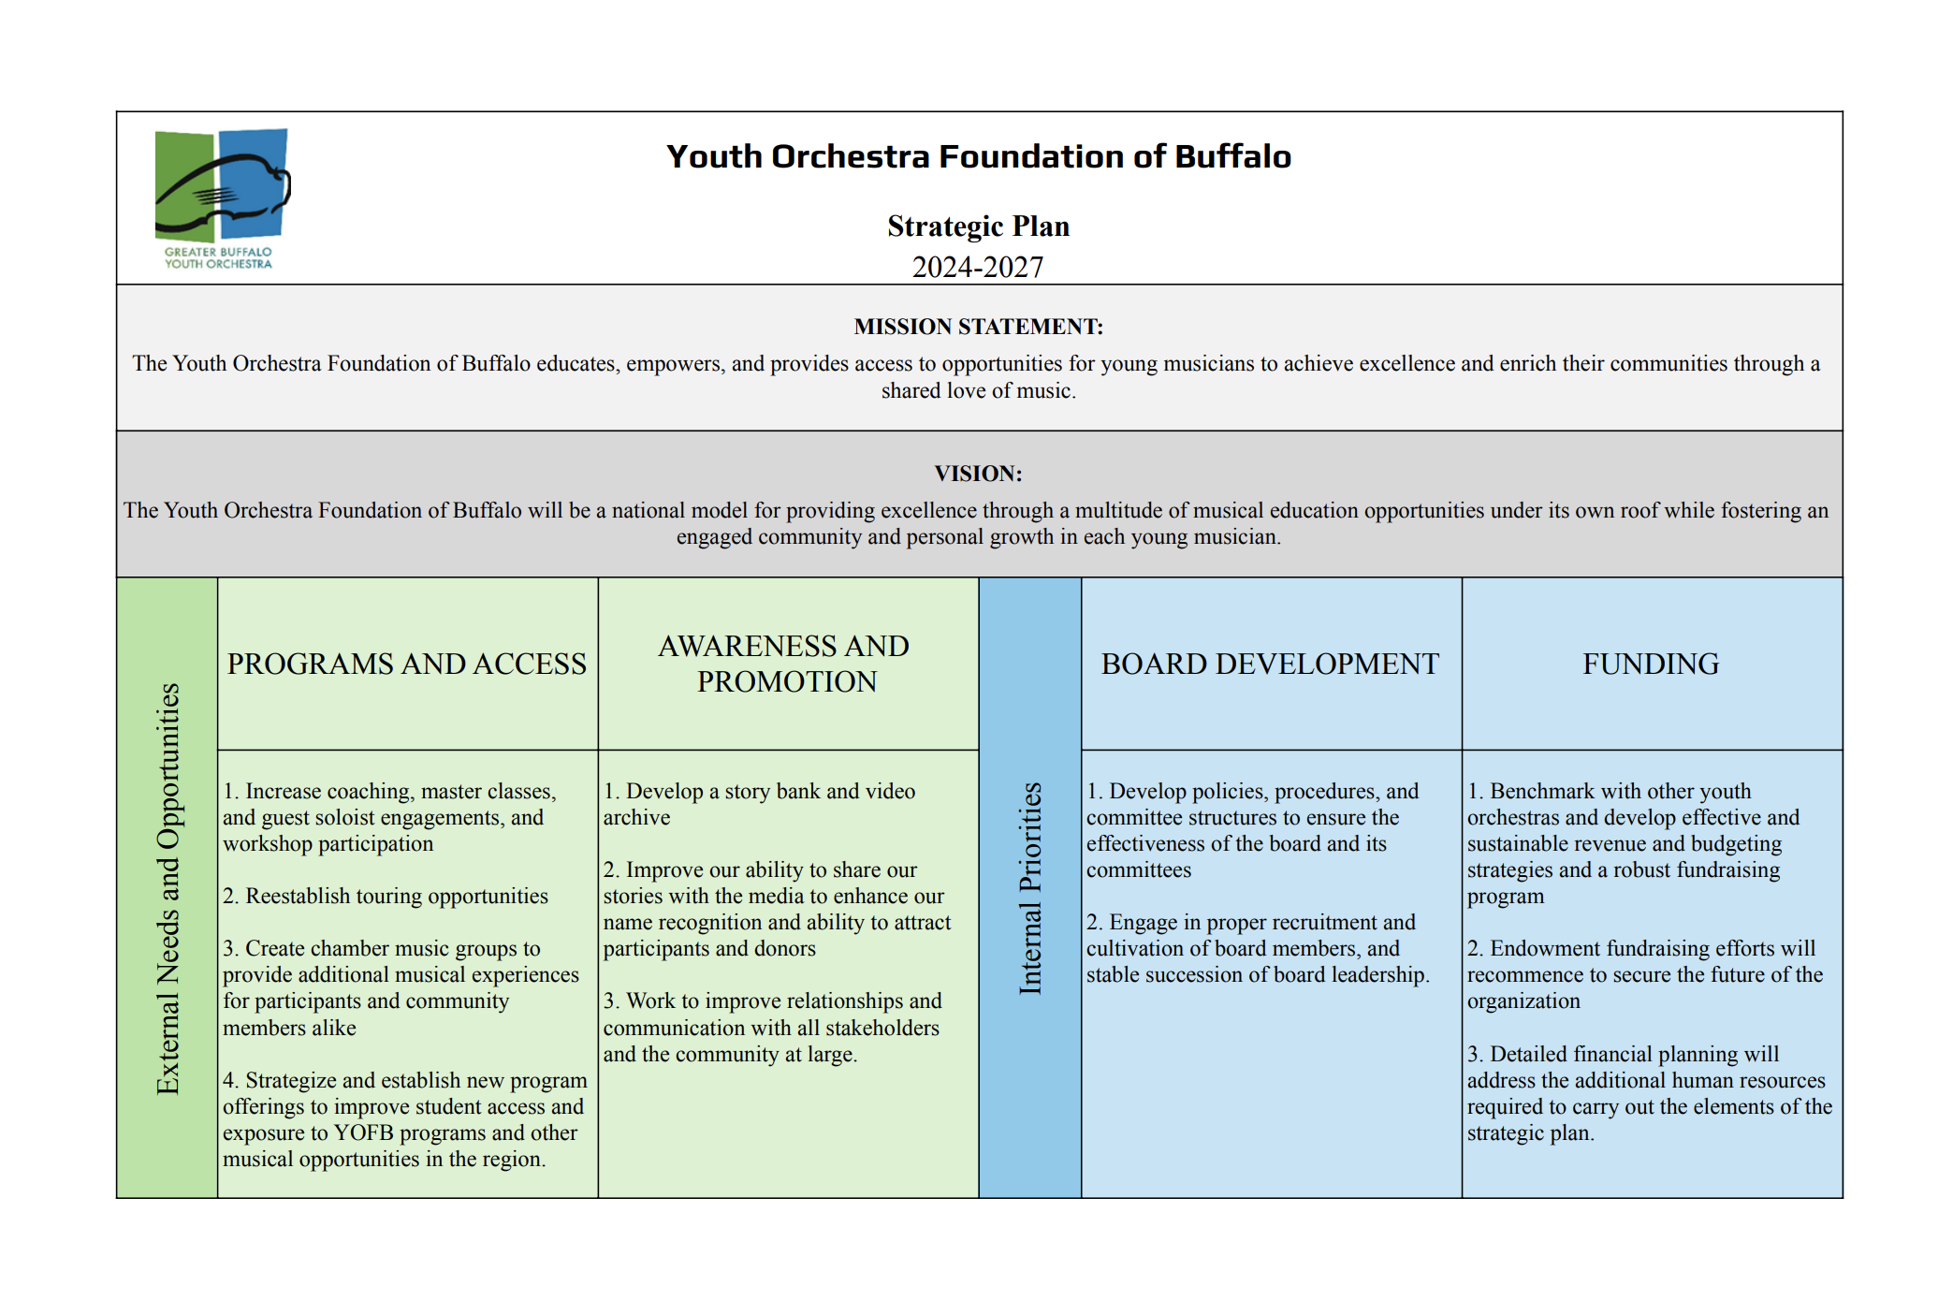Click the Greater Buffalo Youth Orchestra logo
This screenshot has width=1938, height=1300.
point(222,197)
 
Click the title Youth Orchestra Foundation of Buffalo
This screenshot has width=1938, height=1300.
point(978,156)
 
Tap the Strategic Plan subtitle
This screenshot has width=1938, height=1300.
point(978,226)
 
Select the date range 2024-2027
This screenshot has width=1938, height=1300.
point(978,268)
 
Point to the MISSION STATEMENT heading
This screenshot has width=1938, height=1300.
point(978,327)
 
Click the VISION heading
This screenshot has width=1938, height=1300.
point(978,474)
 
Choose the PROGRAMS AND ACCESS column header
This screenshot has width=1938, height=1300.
point(407,664)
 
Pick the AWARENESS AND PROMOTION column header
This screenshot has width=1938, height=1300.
point(786,664)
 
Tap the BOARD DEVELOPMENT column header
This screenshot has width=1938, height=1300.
point(1270,664)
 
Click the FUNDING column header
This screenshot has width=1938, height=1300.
point(1651,664)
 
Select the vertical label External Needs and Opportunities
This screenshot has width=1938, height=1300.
point(168,888)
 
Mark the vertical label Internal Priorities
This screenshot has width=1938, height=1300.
point(1030,888)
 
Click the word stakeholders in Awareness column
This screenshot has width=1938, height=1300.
point(882,1028)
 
